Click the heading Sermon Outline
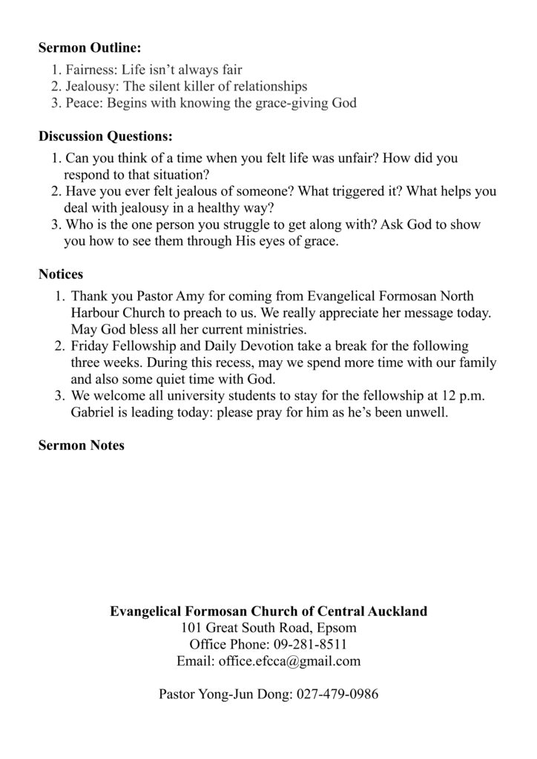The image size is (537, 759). tap(89, 48)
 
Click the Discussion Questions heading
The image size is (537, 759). tap(105, 137)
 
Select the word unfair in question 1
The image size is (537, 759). tap(349, 159)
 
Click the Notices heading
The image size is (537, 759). tap(61, 275)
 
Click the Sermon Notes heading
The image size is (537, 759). tap(82, 445)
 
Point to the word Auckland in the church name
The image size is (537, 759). tap(397, 611)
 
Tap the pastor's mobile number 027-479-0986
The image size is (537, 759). tap(338, 695)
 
